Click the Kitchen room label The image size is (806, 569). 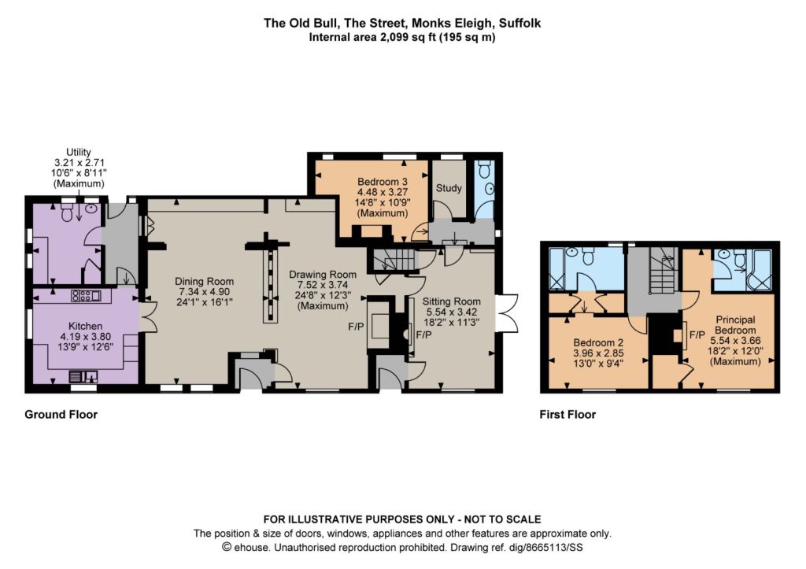coord(85,326)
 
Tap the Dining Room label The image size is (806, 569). coord(204,281)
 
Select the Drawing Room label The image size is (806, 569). coord(322,275)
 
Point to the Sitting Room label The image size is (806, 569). coord(451,301)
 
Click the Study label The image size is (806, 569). coord(449,188)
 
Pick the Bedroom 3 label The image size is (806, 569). coord(383,182)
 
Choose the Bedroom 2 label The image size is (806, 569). coord(598,342)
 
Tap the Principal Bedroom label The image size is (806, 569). coord(735,325)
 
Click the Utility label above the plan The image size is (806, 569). coord(79,152)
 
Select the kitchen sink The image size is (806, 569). coord(83,376)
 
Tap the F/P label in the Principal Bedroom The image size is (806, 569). coord(697,335)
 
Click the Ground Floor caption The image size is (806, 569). coord(61,414)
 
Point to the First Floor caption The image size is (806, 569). coord(568,414)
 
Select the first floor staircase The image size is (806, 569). coord(664,269)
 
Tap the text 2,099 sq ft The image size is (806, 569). coord(407,37)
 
